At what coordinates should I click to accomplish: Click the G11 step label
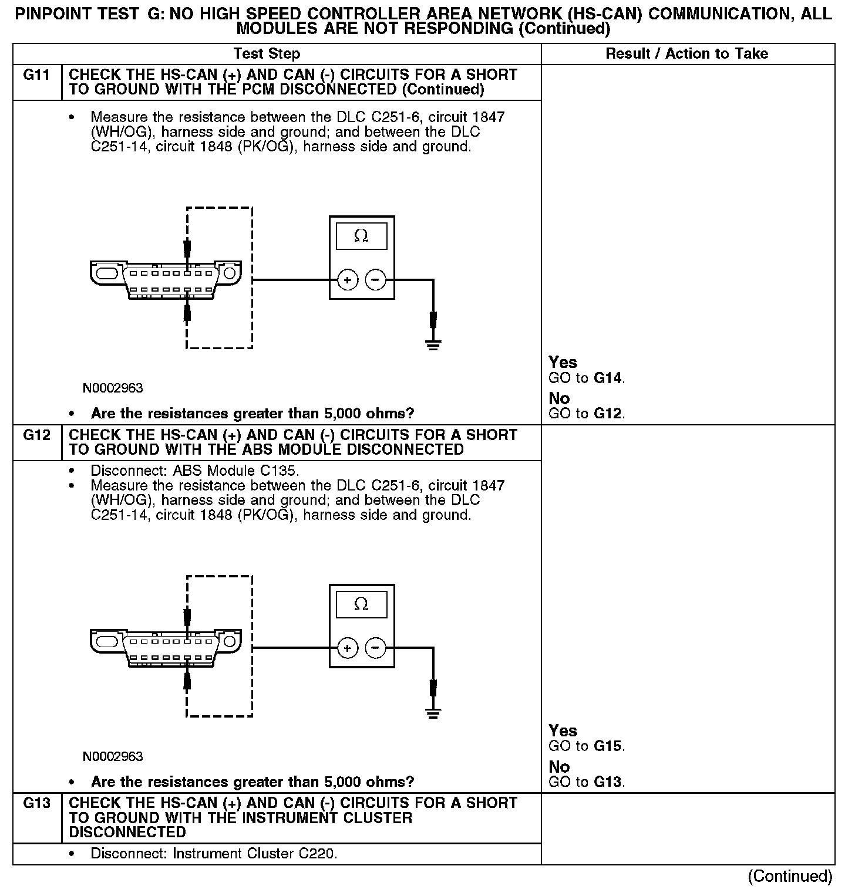(x=36, y=75)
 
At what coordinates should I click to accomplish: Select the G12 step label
(x=36, y=435)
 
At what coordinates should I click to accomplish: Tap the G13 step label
(x=36, y=803)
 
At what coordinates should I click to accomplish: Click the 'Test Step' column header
(x=267, y=54)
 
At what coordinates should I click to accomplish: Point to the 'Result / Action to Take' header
(x=686, y=54)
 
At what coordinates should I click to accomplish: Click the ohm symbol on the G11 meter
(x=361, y=236)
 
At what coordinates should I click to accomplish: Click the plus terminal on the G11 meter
(x=348, y=280)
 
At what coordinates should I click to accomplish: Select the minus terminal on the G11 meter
(x=376, y=280)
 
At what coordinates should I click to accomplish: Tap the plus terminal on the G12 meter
(x=348, y=648)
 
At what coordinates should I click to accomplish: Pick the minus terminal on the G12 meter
(x=376, y=648)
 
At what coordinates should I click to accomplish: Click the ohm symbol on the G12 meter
(x=361, y=604)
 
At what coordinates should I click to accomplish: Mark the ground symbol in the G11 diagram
(x=433, y=344)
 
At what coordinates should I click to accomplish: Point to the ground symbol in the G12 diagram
(x=433, y=713)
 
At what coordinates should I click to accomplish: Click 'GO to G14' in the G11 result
(x=587, y=378)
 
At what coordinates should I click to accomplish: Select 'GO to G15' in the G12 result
(x=587, y=746)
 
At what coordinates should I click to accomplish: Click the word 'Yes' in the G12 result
(x=563, y=730)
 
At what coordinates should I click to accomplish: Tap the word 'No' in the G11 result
(x=559, y=399)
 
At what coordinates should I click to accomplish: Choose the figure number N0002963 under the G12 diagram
(x=113, y=756)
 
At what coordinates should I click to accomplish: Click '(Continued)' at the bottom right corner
(x=790, y=876)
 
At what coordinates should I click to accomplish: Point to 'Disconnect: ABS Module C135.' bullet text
(x=195, y=471)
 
